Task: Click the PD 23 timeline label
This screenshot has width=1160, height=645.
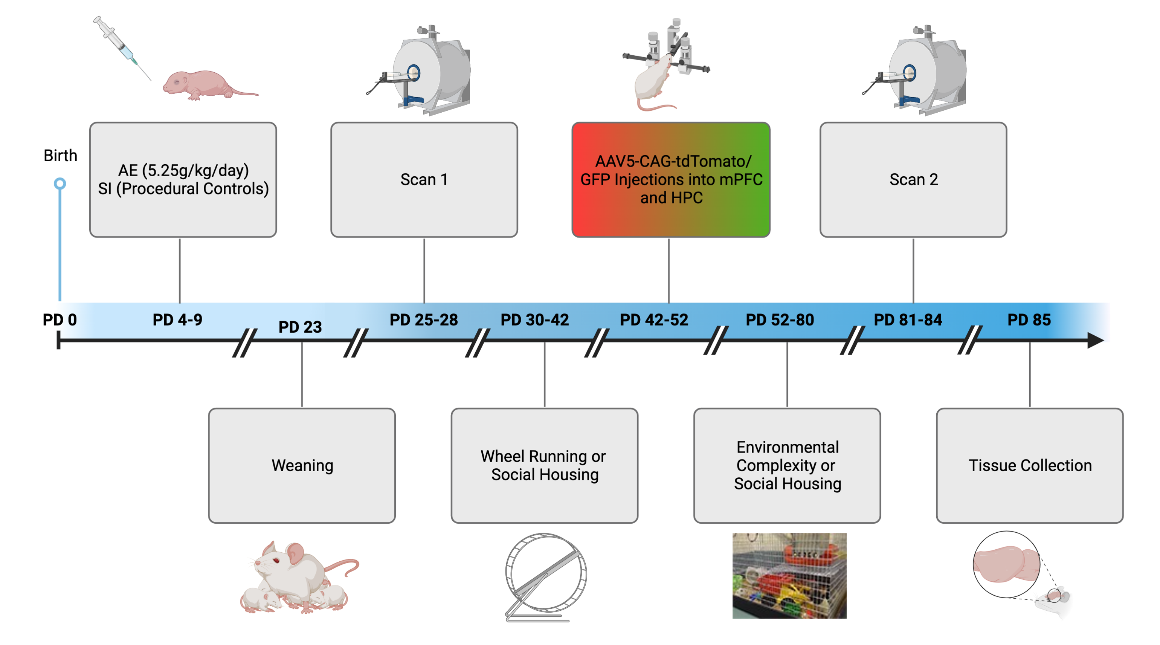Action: click(300, 327)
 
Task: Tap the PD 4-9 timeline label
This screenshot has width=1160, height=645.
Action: click(177, 320)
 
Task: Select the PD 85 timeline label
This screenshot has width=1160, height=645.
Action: click(1029, 320)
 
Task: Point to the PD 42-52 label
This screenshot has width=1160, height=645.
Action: click(654, 320)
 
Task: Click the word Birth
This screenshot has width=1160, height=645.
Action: click(60, 155)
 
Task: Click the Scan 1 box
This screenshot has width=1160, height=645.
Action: click(424, 180)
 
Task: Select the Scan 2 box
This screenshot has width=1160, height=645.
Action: click(913, 180)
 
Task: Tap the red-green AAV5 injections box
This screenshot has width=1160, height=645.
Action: click(670, 180)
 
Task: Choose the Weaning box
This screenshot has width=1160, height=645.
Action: click(302, 465)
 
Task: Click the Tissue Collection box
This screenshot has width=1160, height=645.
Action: click(1029, 465)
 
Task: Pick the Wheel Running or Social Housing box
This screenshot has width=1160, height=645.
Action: click(544, 465)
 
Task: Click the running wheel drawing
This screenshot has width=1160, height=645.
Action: click(545, 576)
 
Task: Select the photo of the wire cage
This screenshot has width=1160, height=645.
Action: click(789, 575)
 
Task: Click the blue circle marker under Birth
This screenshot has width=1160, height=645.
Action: click(60, 184)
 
